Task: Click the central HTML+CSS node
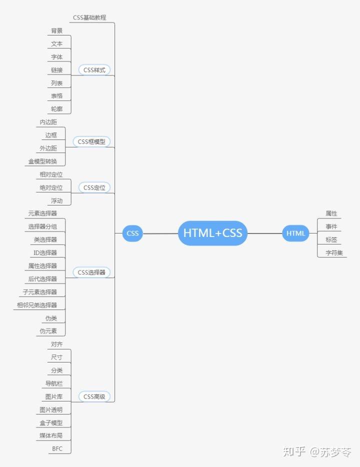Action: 212,233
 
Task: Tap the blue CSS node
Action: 132,233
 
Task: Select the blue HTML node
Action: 295,233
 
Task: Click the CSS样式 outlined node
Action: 94,70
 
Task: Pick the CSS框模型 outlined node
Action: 91,141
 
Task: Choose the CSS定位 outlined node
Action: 94,187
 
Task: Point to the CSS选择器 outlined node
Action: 91,272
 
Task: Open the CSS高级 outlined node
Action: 94,396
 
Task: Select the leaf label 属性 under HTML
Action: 331,213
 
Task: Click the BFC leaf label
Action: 57,448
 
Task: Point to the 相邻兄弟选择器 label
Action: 36,305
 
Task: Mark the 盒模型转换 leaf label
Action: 42,161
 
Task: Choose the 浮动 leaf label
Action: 56,200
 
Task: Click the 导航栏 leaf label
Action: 53,383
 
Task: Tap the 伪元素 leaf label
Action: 48,331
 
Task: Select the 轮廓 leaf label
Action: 56,108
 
